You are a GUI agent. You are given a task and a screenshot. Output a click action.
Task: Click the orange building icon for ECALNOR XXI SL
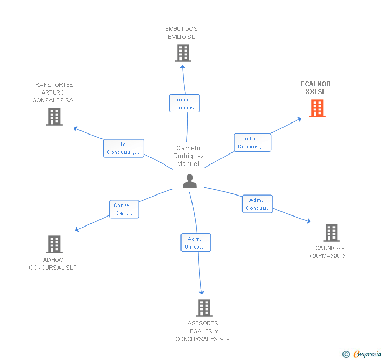(x=317, y=108)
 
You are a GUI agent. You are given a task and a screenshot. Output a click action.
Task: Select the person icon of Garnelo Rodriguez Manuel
(x=189, y=181)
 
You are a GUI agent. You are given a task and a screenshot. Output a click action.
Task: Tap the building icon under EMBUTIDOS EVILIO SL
(x=183, y=53)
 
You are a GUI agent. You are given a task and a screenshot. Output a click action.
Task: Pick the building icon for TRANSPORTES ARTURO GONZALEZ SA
(x=54, y=117)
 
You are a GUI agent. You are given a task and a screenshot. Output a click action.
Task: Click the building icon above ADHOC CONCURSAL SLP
(x=54, y=244)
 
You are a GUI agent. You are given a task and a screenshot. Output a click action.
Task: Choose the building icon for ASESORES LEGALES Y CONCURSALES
(x=204, y=308)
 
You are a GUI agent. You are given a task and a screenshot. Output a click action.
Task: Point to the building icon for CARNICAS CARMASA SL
(x=331, y=233)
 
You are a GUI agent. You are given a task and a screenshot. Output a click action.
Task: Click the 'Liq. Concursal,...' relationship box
(x=124, y=148)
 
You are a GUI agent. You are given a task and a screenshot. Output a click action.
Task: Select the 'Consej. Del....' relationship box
(x=124, y=209)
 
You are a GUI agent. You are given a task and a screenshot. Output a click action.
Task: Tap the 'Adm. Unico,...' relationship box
(x=196, y=243)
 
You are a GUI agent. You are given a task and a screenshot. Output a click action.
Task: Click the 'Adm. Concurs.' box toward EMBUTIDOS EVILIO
(x=185, y=103)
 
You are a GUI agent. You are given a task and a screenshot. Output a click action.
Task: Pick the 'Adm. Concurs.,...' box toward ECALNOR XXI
(x=253, y=142)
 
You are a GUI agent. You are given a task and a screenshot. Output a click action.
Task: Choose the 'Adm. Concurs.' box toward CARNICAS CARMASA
(x=257, y=204)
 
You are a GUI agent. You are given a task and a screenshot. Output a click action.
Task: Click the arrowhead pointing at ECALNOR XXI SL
(x=299, y=119)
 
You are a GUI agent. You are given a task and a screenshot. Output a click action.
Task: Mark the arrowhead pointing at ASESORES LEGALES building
(x=201, y=292)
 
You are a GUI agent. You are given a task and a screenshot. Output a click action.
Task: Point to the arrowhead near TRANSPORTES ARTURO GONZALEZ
(x=75, y=128)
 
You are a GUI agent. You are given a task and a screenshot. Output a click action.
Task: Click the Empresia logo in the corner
(x=362, y=354)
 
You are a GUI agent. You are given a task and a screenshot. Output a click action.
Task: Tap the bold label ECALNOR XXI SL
(x=316, y=88)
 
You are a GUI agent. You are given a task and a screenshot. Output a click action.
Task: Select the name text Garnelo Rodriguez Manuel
(x=188, y=156)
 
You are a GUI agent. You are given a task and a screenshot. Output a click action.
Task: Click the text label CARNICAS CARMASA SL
(x=330, y=252)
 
